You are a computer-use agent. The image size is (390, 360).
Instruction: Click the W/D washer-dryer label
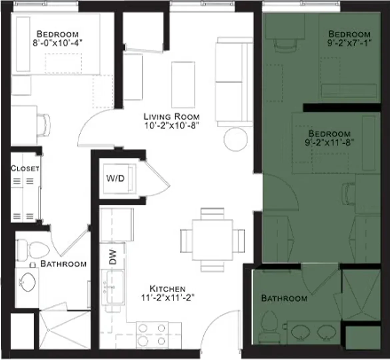[115, 178]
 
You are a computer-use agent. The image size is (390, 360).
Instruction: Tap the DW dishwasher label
[113, 257]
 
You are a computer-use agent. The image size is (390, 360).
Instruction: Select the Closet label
[25, 168]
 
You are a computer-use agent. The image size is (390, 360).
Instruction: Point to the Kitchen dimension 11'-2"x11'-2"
[168, 298]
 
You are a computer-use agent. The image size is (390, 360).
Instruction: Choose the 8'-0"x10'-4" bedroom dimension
[57, 43]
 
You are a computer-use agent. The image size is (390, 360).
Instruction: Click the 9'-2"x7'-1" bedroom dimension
[349, 43]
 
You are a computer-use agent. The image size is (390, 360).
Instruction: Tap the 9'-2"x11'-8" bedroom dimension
[329, 143]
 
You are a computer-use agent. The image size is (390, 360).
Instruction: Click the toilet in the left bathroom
[33, 250]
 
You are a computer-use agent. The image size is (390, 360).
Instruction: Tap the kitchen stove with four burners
[152, 335]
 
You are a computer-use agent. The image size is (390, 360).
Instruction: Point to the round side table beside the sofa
[236, 139]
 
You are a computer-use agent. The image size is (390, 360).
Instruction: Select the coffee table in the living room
[183, 85]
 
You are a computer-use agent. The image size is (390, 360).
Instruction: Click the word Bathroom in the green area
[284, 298]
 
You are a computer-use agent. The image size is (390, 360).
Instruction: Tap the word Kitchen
[167, 289]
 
